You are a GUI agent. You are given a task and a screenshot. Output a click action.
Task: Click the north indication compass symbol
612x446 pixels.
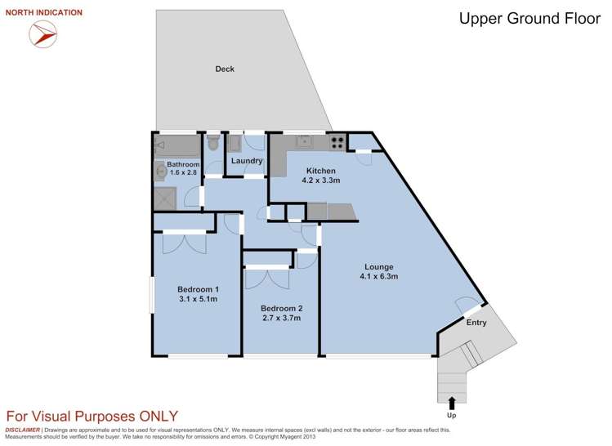coord(43,34)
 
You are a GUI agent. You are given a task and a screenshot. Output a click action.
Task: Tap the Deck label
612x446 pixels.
coord(225,69)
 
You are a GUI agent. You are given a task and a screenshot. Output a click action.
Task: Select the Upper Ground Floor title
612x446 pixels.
coord(529,19)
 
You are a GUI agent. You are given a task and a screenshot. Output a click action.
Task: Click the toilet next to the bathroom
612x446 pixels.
coord(213,142)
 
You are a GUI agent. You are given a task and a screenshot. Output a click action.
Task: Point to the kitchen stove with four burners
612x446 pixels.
coord(337,143)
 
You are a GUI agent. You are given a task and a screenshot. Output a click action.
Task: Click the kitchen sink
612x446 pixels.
coord(304,141)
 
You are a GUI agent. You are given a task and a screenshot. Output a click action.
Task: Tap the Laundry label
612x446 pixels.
coord(247,161)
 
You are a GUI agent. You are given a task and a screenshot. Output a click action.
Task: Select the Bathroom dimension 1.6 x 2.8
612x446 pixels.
coord(183,172)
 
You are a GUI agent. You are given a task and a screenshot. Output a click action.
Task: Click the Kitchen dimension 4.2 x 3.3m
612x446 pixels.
coord(321,181)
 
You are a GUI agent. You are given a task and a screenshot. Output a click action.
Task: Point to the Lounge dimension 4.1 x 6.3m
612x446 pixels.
coord(378,277)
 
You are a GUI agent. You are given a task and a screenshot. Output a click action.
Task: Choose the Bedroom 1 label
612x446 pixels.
coord(198,289)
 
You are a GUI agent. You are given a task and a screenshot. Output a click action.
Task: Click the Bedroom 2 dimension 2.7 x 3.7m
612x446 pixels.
coord(281,318)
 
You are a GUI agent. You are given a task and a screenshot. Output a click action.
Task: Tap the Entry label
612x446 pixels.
coord(476,323)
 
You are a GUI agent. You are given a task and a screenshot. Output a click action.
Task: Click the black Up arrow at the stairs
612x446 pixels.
coord(452,403)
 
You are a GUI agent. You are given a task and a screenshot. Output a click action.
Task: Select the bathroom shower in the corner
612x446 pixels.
coord(165,198)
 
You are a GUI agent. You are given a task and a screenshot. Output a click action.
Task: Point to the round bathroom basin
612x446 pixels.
coord(160,172)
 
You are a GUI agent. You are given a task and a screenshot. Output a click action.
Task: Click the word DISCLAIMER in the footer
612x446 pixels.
coord(22,430)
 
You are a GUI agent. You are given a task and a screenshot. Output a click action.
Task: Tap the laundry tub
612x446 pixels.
coord(235,144)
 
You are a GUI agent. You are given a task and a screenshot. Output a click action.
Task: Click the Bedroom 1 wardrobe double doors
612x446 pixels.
coord(184,243)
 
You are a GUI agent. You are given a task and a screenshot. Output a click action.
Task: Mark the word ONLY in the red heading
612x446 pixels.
coord(159,417)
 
